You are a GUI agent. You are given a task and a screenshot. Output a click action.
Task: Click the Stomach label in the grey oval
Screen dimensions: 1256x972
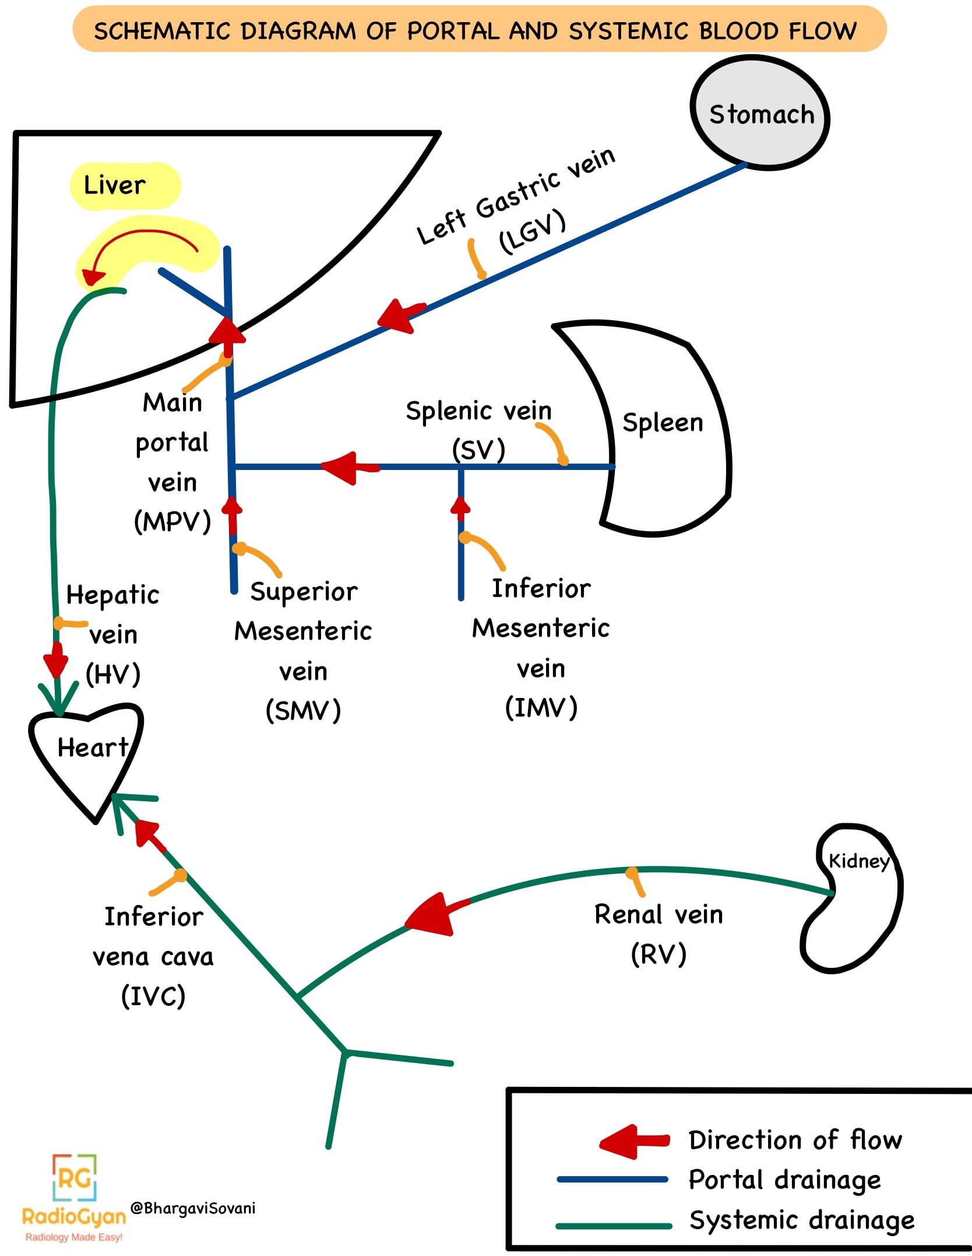tap(761, 114)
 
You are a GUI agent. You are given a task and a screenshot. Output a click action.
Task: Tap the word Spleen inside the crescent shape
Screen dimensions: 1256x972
tap(663, 422)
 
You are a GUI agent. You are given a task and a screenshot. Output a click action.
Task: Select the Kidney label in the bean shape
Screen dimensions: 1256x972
tap(859, 861)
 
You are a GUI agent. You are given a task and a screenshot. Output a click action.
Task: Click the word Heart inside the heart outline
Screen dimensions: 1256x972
tap(92, 748)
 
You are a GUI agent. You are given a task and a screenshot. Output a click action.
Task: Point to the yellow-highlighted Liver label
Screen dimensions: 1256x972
tap(115, 185)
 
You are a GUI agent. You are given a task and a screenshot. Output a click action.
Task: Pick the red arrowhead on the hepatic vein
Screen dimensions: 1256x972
tap(56, 662)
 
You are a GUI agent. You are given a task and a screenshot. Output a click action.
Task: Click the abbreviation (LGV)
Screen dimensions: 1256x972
tap(532, 231)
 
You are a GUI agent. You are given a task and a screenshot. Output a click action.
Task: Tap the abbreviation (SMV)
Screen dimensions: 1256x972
tap(303, 711)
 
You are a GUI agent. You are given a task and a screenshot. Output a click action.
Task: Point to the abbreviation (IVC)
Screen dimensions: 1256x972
tap(153, 995)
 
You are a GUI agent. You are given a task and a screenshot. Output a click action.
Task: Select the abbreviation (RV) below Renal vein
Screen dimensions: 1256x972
tap(658, 954)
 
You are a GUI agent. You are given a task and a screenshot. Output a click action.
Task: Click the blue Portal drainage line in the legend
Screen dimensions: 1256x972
tap(612, 1180)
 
